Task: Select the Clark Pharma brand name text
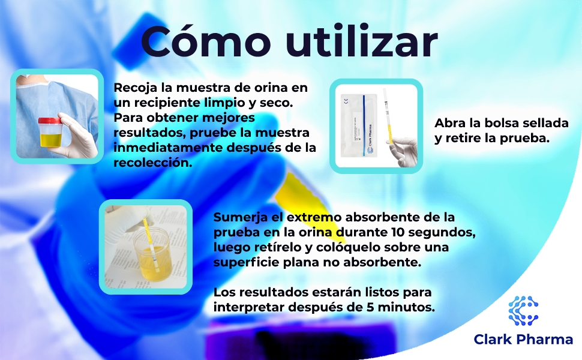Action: [x=523, y=340]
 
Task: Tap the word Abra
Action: [x=449, y=123]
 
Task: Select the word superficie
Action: [x=245, y=262]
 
